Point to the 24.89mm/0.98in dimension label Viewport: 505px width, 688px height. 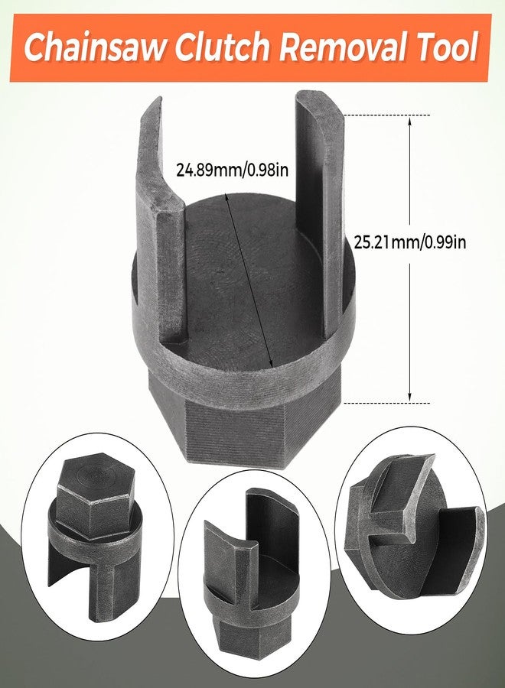231,169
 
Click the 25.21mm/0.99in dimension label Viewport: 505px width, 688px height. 409,242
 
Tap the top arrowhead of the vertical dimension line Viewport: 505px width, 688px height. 411,121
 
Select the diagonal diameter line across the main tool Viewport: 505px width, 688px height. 249,275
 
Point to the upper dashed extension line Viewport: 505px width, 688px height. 386,114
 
